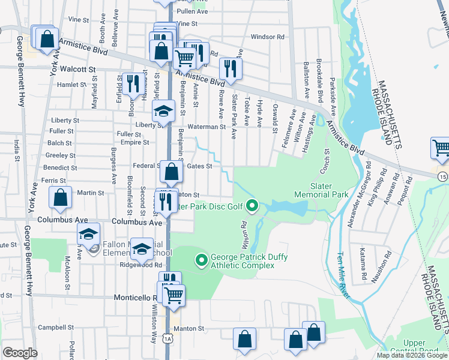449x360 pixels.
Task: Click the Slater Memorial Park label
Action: (x=321, y=191)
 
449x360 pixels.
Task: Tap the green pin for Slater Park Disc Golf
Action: (x=252, y=207)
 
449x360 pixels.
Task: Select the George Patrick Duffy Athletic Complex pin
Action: (x=202, y=261)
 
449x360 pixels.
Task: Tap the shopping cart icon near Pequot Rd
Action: (x=441, y=148)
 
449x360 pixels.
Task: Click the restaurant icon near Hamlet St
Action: (x=131, y=83)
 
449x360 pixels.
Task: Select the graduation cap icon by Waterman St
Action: (x=163, y=111)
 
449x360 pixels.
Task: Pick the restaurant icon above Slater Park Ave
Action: (x=229, y=68)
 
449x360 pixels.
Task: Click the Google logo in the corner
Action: (x=20, y=353)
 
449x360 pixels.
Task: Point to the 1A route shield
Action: (x=169, y=339)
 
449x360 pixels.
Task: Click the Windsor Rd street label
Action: (x=267, y=37)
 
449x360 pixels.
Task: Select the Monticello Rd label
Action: (x=135, y=298)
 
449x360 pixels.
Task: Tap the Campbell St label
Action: (x=51, y=328)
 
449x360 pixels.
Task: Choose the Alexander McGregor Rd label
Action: (x=358, y=203)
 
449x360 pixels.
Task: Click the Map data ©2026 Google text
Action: (x=412, y=355)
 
